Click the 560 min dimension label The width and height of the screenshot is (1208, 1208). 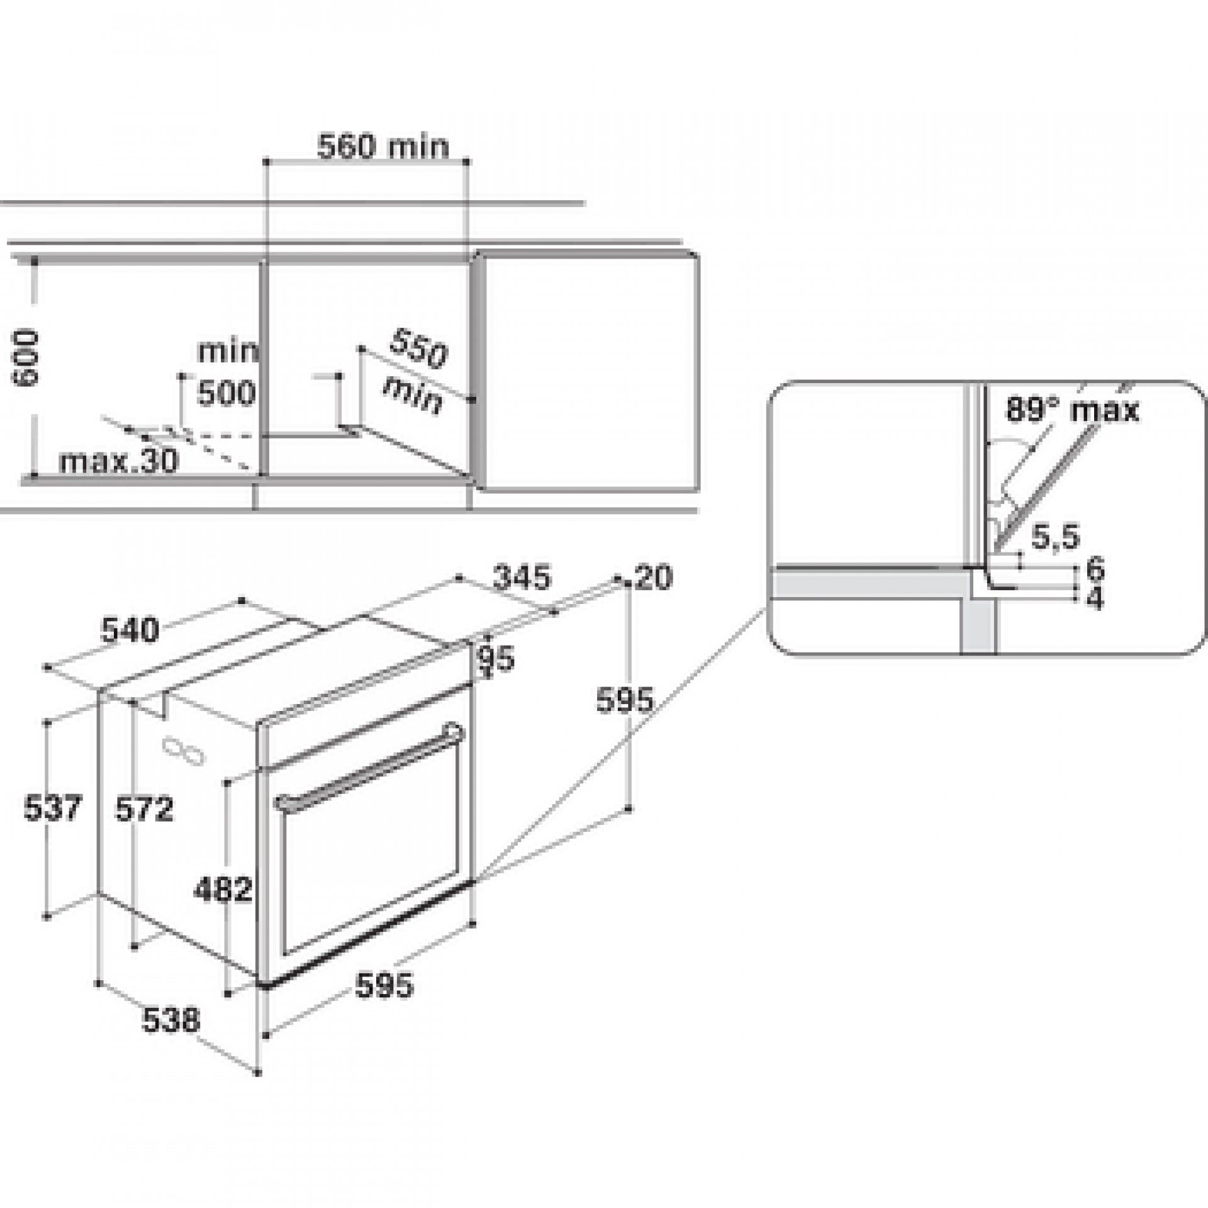point(383,148)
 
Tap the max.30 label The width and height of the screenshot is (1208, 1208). point(119,461)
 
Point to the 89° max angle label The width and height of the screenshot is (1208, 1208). point(1072,410)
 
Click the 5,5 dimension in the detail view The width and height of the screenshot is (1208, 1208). point(1055,538)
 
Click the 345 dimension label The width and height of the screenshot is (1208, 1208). point(522,577)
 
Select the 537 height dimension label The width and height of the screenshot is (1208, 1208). point(53,808)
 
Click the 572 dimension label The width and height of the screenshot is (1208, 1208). point(144,809)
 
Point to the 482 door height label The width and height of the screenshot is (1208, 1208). point(223,890)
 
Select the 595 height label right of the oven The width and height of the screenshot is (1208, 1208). point(625,700)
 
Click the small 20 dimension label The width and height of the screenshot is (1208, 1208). point(653,578)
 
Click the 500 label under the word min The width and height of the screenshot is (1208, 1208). point(226,394)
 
